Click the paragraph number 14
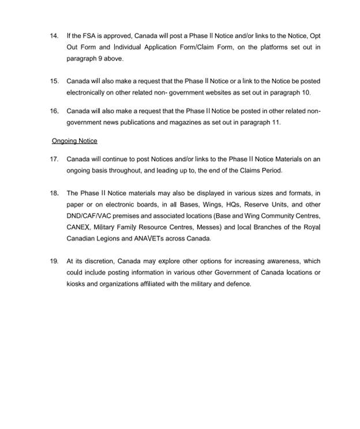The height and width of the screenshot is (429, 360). pos(54,36)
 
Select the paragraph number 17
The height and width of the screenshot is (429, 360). pos(54,159)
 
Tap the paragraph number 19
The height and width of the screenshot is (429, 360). pos(54,261)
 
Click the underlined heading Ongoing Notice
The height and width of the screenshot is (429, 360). pos(74,141)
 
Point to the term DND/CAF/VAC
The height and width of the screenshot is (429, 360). pos(88,215)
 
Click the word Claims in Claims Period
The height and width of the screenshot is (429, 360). pos(247,170)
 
